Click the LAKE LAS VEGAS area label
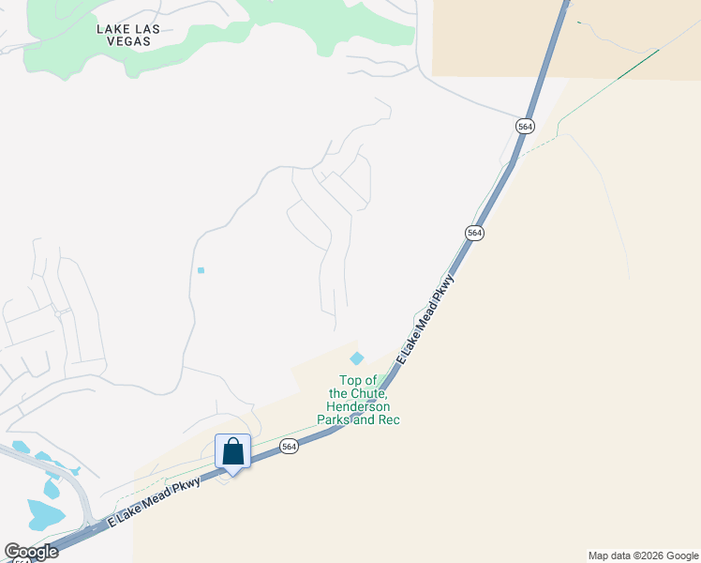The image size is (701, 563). pyautogui.click(x=128, y=36)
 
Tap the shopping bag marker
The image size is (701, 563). pyautogui.click(x=233, y=452)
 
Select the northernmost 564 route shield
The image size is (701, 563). pyautogui.click(x=524, y=126)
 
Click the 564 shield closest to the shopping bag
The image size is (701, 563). pyautogui.click(x=289, y=447)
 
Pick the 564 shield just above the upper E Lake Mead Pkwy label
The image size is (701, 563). pyautogui.click(x=474, y=232)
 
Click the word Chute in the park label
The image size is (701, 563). pyautogui.click(x=364, y=393)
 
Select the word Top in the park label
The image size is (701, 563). pyautogui.click(x=350, y=380)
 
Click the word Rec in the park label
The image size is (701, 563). pyautogui.click(x=389, y=419)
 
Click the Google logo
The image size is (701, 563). pyautogui.click(x=32, y=552)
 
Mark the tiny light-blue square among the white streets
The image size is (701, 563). pyautogui.click(x=201, y=270)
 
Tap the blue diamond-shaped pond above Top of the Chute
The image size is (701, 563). pyautogui.click(x=357, y=358)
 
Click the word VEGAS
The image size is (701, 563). pyautogui.click(x=128, y=42)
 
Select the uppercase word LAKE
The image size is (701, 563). pyautogui.click(x=114, y=29)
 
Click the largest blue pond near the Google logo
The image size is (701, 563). pyautogui.click(x=44, y=514)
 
